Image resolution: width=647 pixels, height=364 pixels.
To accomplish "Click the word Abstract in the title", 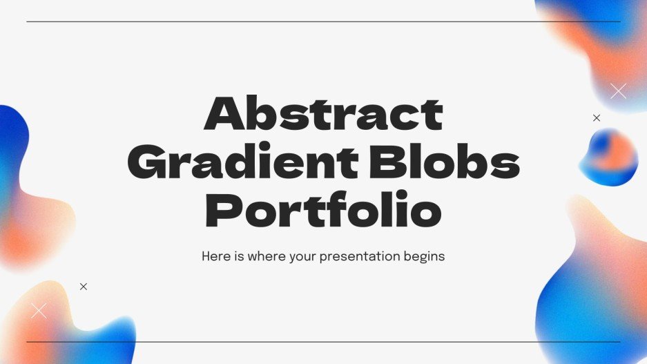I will pos(323,114).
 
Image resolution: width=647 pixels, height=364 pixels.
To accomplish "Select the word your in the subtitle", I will pos(311,257).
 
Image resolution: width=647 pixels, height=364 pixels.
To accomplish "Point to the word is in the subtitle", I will pos(238,256).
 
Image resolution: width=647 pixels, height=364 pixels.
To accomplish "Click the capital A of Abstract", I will pos(224,114).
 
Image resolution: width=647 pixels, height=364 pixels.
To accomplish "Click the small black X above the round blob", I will pos(597,118).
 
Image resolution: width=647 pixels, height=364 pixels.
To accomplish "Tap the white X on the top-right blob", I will pos(618,90).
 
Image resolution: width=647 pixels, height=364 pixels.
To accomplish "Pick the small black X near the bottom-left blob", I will pos(84,287).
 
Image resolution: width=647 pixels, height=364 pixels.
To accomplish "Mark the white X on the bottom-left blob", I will pos(39,311).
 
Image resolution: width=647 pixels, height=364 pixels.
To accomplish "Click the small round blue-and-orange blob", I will pos(608,157).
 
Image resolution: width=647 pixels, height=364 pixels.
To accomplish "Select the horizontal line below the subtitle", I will pos(323,342).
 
